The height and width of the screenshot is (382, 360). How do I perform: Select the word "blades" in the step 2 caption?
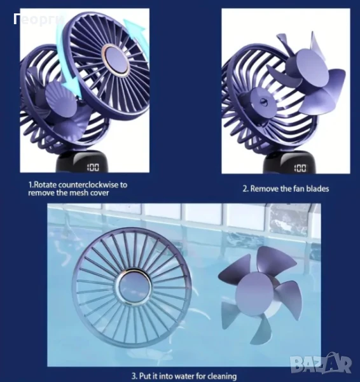pos(317,188)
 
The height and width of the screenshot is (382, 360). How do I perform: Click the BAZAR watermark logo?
pos(321,364)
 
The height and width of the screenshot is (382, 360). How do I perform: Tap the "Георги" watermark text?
pos(39,20)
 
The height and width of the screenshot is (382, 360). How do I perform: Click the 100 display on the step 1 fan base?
pos(93,167)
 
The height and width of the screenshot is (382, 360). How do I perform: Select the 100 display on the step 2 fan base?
pos(300,168)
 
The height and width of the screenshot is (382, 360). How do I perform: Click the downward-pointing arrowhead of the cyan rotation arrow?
pos(73,90)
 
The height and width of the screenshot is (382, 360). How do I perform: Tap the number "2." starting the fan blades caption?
pos(246,188)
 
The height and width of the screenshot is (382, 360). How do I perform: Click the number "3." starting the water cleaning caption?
pos(135,376)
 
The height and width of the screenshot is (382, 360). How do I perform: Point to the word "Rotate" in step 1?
pos(45,185)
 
